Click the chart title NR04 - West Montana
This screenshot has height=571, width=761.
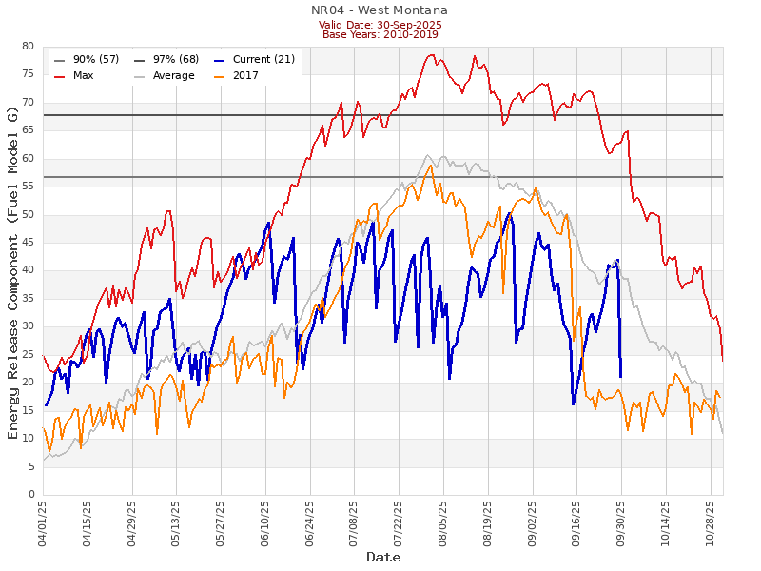[x=380, y=10]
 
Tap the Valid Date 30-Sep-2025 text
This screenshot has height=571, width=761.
[x=380, y=24]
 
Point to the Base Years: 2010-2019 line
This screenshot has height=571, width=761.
[x=380, y=34]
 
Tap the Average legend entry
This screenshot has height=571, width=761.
[x=173, y=75]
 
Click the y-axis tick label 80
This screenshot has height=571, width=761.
[x=28, y=47]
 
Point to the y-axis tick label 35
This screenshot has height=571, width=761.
[x=28, y=299]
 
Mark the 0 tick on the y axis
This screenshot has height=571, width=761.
[x=30, y=495]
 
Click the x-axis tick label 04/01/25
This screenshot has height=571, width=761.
[x=43, y=522]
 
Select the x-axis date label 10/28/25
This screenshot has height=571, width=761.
[x=711, y=522]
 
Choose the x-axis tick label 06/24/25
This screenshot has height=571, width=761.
[x=310, y=522]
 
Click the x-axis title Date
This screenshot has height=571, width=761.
[x=383, y=557]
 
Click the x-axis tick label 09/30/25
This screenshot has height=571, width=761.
[x=621, y=522]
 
